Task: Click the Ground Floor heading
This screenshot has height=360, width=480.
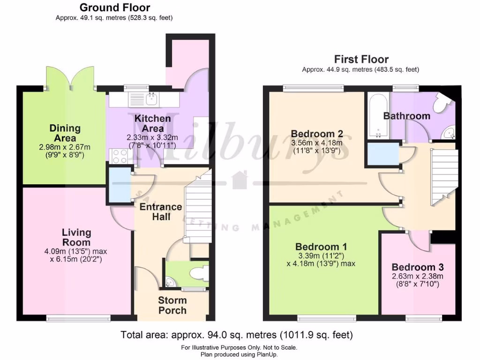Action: click(x=115, y=7)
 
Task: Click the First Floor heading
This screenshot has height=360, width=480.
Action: click(x=361, y=60)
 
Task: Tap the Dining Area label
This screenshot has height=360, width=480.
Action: click(x=65, y=133)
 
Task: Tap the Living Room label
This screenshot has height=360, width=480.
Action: click(x=76, y=237)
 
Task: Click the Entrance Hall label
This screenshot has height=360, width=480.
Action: click(x=160, y=211)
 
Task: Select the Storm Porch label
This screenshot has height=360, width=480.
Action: click(x=172, y=305)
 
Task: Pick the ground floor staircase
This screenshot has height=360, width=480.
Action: click(x=197, y=206)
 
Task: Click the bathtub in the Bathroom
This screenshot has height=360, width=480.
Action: click(x=377, y=115)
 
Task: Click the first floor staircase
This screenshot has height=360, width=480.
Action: click(x=443, y=176)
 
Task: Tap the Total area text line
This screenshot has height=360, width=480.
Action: click(x=237, y=335)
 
